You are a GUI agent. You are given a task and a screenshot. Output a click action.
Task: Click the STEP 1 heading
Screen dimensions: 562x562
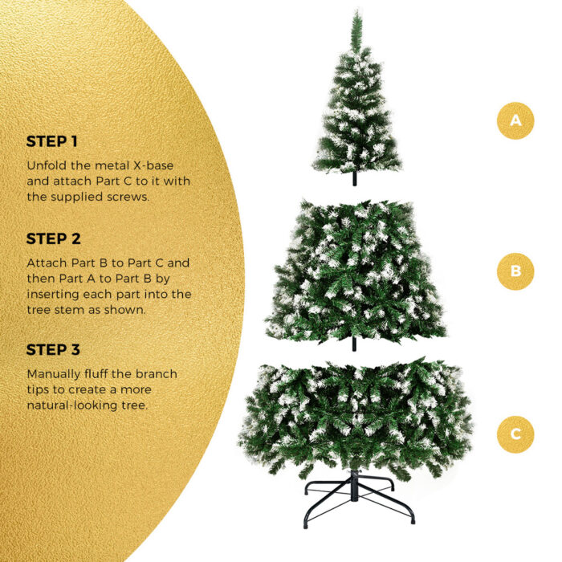click(x=52, y=141)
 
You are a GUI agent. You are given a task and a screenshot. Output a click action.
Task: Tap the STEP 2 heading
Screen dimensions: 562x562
click(x=53, y=238)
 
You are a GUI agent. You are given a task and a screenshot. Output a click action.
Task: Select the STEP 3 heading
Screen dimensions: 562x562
click(x=53, y=349)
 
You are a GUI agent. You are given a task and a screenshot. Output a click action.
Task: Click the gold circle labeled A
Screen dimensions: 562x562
click(x=515, y=121)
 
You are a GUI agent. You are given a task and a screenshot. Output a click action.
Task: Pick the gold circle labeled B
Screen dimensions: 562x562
click(x=515, y=271)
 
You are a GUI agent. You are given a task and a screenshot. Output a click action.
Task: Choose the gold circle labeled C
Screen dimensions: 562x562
click(x=515, y=434)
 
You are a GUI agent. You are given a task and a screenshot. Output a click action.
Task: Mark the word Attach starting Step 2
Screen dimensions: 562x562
click(x=45, y=263)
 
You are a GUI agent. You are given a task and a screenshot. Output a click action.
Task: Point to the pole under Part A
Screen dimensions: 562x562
click(x=354, y=180)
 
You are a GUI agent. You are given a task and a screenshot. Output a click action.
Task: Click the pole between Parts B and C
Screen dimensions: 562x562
click(x=354, y=344)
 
